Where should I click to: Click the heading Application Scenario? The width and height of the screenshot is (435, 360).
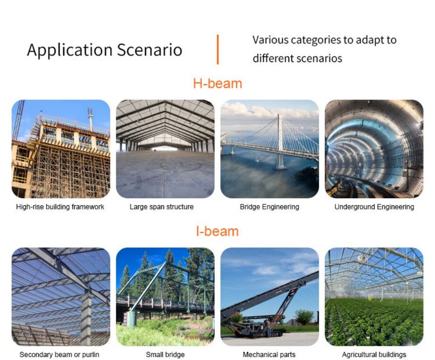[x=104, y=50]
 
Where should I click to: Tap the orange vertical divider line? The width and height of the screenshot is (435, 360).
[x=218, y=49]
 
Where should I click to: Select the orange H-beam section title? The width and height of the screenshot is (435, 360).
[x=217, y=84]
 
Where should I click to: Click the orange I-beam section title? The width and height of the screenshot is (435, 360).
[x=217, y=231]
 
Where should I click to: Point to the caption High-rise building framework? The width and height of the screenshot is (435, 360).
[x=60, y=207]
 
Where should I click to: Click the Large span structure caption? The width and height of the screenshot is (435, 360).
[x=161, y=207]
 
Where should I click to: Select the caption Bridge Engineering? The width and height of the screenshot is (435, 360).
[x=270, y=207]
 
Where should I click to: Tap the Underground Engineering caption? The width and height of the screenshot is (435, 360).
[x=374, y=207]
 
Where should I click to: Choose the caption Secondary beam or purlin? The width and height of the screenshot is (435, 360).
[x=60, y=354]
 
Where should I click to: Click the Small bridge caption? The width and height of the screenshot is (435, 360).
[x=165, y=354]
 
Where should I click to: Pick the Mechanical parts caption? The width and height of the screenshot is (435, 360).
[x=269, y=354]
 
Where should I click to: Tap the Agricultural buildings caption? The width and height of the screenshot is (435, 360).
[x=374, y=354]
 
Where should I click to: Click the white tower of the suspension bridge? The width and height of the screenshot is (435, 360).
[x=280, y=141]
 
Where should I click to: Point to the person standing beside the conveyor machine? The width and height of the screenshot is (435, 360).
[x=268, y=328]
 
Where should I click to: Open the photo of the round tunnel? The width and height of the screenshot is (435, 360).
[x=374, y=149]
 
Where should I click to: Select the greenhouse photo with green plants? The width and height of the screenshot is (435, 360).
[x=374, y=297]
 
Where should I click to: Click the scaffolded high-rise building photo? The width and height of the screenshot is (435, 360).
[x=61, y=149]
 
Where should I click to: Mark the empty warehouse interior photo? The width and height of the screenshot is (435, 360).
[x=165, y=149]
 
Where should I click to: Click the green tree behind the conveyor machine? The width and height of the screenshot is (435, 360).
[x=304, y=317]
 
